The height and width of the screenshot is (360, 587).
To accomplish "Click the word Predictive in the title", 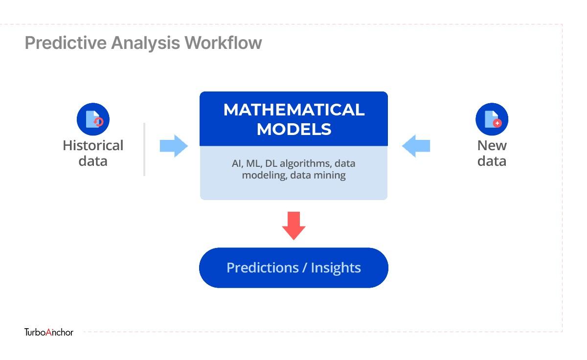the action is pos(66,43).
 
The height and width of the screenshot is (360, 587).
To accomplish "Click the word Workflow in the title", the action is pos(223,43).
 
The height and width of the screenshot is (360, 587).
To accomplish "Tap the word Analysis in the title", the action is pos(145,43).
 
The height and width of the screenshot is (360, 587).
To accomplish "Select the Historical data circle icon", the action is pos(93,119).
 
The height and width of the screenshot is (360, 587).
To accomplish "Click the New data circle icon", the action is pos(492,119).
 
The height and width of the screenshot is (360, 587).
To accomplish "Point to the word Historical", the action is pos(93,145).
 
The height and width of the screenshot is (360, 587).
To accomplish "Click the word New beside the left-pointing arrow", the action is pos(492,145).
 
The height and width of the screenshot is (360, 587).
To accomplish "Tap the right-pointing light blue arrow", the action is pos(174,146).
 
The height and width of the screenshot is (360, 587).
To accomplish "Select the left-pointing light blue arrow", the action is pos(416,146).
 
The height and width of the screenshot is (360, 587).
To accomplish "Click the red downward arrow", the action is pos(294,225).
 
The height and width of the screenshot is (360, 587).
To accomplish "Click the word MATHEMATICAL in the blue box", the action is pos(294,110).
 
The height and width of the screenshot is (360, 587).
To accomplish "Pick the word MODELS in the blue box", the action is pos(294,129).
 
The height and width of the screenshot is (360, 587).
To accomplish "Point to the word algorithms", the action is pos(304,164).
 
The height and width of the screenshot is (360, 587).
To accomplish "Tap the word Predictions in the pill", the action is pos(263,268).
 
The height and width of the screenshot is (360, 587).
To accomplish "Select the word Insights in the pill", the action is pos(336,268).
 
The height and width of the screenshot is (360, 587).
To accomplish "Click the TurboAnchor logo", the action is pos(49,332).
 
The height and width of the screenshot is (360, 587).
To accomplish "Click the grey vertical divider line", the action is pos(144,149).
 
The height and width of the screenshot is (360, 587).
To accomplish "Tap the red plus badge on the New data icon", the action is pos(497,123).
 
